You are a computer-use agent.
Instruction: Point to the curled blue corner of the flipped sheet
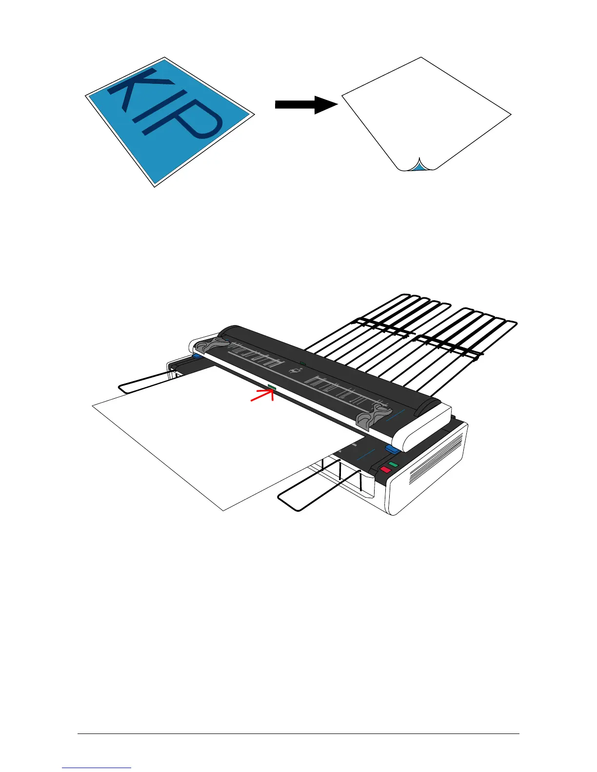[418, 167]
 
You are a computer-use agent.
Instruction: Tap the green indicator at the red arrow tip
[272, 387]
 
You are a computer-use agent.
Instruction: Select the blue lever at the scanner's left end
[196, 357]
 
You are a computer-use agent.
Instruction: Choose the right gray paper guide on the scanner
[373, 415]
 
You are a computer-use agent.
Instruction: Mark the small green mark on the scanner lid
[302, 363]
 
